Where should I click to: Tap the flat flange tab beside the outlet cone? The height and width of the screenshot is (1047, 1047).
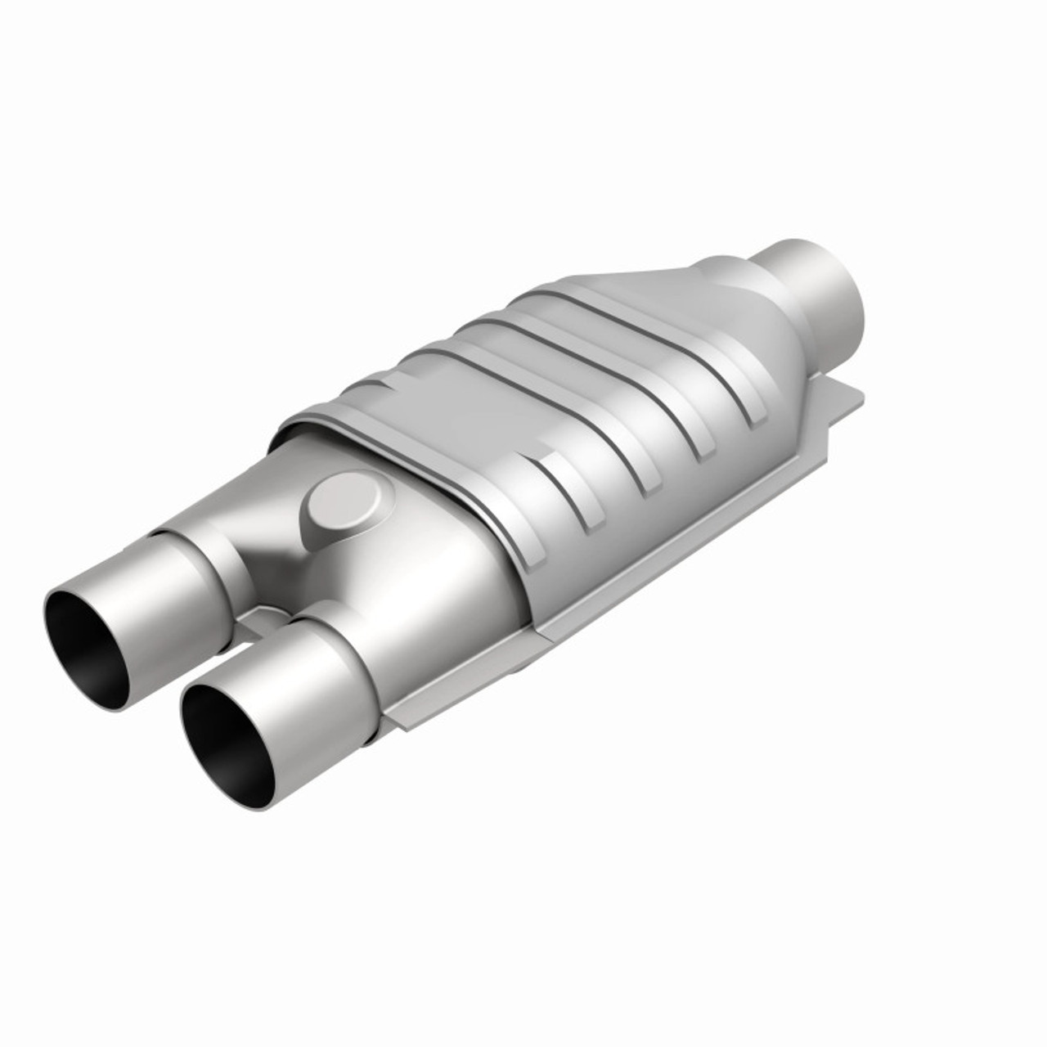coord(843,401)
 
